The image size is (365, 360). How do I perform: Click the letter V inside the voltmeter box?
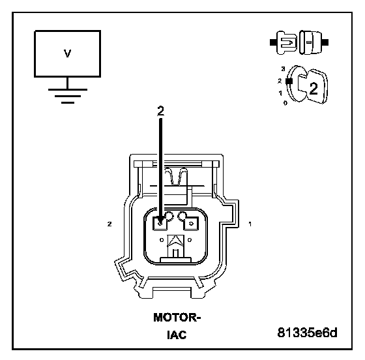[x=67, y=53]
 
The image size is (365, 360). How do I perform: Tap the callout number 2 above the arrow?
[x=160, y=111]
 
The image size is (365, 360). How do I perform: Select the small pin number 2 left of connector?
[x=109, y=224]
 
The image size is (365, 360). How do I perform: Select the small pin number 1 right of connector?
[x=250, y=224]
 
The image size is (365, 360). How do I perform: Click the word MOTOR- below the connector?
[x=177, y=318]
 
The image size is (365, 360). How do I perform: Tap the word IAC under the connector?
[x=177, y=335]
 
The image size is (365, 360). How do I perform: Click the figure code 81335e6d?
[x=307, y=333]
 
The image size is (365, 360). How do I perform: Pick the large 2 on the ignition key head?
[x=314, y=89]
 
